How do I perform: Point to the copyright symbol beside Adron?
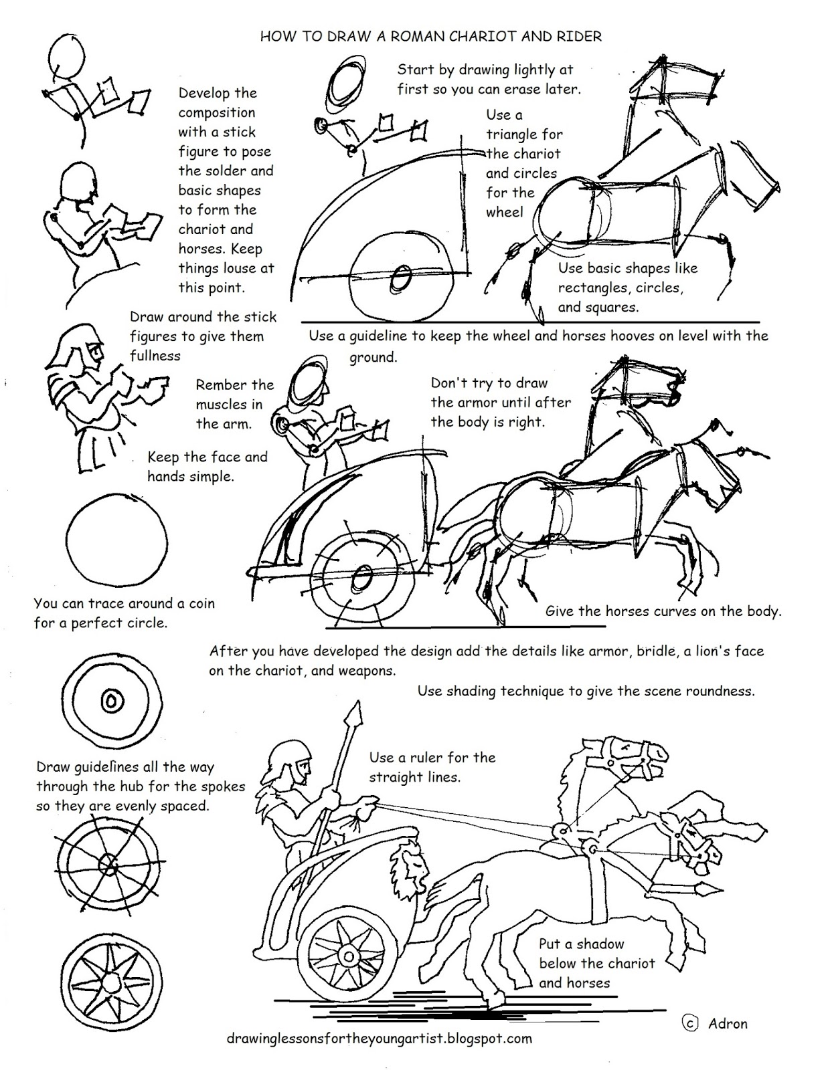coord(690,1023)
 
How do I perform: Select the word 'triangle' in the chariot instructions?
coord(524,134)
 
